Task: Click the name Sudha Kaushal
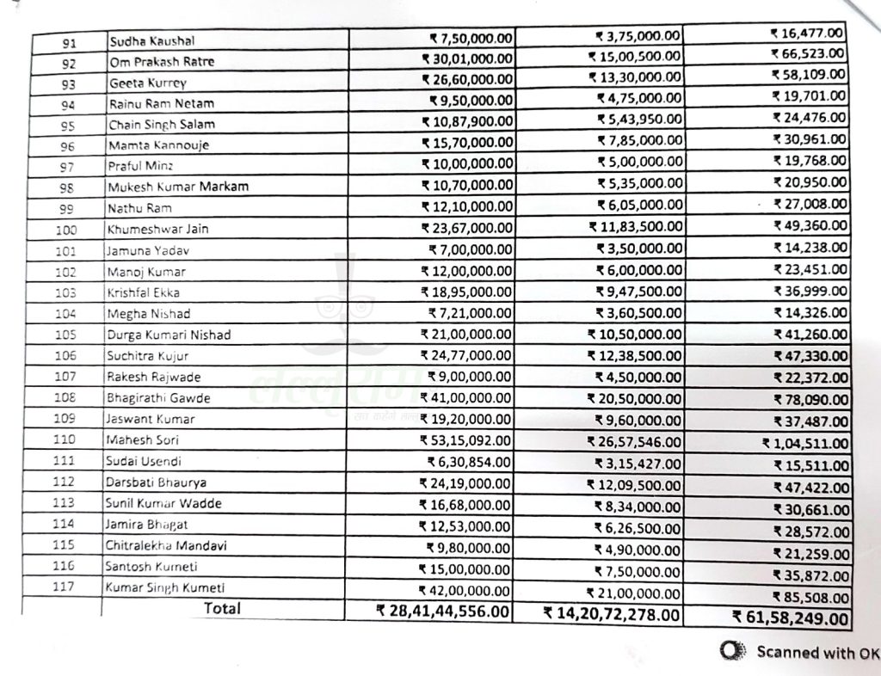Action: [151, 41]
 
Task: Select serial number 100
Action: [65, 230]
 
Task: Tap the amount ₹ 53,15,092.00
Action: [465, 440]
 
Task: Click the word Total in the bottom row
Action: [222, 609]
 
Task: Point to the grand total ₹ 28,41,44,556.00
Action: [443, 611]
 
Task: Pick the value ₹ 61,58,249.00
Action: [791, 617]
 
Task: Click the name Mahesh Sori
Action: [143, 440]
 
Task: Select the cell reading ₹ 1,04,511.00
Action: [804, 443]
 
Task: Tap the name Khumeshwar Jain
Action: [158, 229]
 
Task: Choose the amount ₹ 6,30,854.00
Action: [469, 461]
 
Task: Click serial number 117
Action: [64, 587]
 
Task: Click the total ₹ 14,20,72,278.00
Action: [611, 614]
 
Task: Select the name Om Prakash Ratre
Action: [162, 62]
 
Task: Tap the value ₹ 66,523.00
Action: [809, 54]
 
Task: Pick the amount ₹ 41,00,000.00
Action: [465, 398]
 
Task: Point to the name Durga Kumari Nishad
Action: [169, 335]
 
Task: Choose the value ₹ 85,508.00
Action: [810, 597]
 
